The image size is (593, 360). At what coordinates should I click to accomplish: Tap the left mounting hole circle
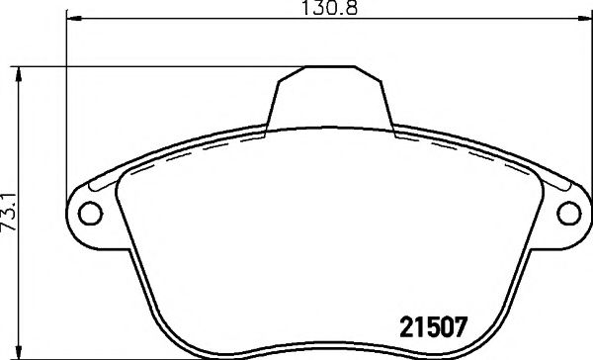point(90,212)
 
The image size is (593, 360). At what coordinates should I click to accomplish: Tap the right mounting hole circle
point(568,212)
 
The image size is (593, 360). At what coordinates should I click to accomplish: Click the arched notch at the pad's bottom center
point(326,346)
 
